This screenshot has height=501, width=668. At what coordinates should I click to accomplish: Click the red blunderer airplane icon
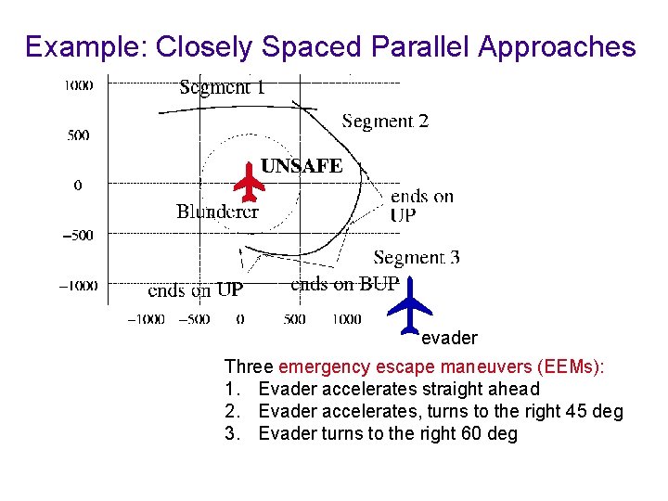point(249,182)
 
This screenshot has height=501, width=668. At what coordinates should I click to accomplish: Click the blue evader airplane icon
point(408,303)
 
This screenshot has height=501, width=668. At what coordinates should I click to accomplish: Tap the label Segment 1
point(222,88)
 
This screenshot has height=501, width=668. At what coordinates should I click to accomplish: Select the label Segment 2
point(385,122)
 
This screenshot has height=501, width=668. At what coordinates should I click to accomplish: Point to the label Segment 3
point(416,258)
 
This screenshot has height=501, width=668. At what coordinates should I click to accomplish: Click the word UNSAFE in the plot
point(302,167)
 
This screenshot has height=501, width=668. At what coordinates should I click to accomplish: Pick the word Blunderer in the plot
point(217,212)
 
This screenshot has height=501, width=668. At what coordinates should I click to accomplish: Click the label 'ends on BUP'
point(344,284)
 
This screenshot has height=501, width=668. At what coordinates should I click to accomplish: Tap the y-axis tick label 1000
point(78,86)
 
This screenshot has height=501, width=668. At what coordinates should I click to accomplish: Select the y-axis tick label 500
point(78,135)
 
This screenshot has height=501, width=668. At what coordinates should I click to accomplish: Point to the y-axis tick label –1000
point(78,286)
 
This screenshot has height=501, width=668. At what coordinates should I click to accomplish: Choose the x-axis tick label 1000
point(346,319)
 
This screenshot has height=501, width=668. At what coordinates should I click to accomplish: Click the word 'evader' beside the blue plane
point(449,339)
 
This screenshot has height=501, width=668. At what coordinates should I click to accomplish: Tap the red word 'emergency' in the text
point(319,367)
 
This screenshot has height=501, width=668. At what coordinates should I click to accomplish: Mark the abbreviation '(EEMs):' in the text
point(574,367)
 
